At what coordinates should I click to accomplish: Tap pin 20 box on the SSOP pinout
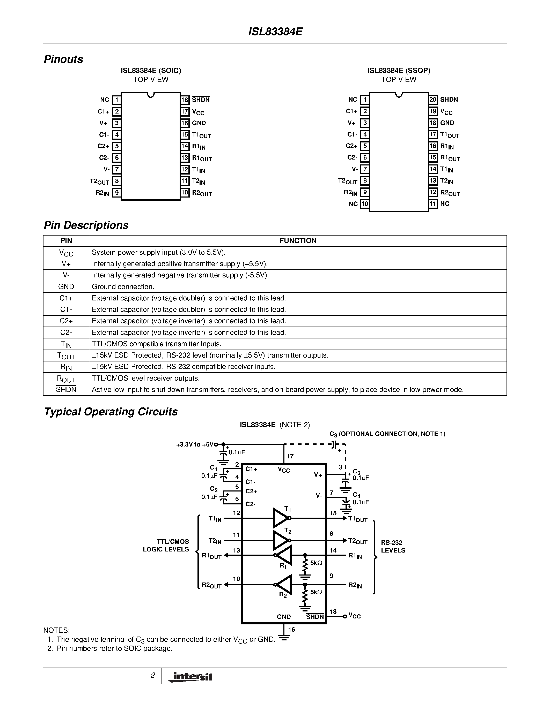pyautogui.click(x=433, y=100)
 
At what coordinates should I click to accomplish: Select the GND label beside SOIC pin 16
pyautogui.click(x=199, y=123)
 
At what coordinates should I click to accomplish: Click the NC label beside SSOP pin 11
pyautogui.click(x=445, y=204)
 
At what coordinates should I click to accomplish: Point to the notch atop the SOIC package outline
pyautogui.click(x=151, y=95)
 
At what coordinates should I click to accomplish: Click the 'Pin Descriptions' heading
pyautogui.click(x=86, y=225)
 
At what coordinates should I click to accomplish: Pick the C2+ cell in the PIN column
pyautogui.click(x=66, y=321)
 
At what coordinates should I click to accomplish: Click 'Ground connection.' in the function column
pyautogui.click(x=123, y=287)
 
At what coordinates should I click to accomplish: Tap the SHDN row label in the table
pyautogui.click(x=66, y=390)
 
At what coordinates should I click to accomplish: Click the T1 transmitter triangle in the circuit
pyautogui.click(x=280, y=518)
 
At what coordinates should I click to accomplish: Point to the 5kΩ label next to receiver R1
pyautogui.click(x=316, y=563)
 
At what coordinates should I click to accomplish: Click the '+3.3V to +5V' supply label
pyautogui.click(x=195, y=445)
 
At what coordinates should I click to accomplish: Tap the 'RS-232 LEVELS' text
pyautogui.click(x=393, y=546)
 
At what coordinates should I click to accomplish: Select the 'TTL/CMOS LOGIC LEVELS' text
pyautogui.click(x=166, y=545)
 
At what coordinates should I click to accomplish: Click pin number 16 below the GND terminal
pyautogui.click(x=292, y=630)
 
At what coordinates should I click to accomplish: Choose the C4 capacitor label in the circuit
pyautogui.click(x=356, y=495)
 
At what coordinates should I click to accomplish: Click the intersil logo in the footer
pyautogui.click(x=190, y=677)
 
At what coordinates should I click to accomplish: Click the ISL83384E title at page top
pyautogui.click(x=275, y=32)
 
